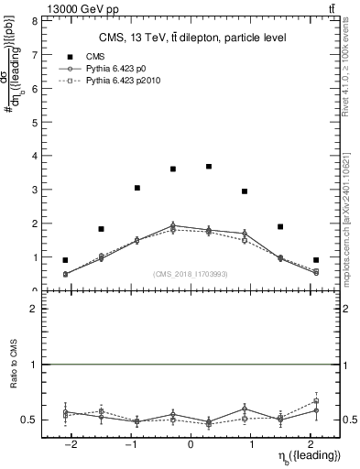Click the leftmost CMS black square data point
[x=65, y=260]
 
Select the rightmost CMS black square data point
[x=316, y=260]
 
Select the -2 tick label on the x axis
[x=69, y=444]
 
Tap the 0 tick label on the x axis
[x=191, y=444]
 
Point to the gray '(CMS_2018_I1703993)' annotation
[x=191, y=274]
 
